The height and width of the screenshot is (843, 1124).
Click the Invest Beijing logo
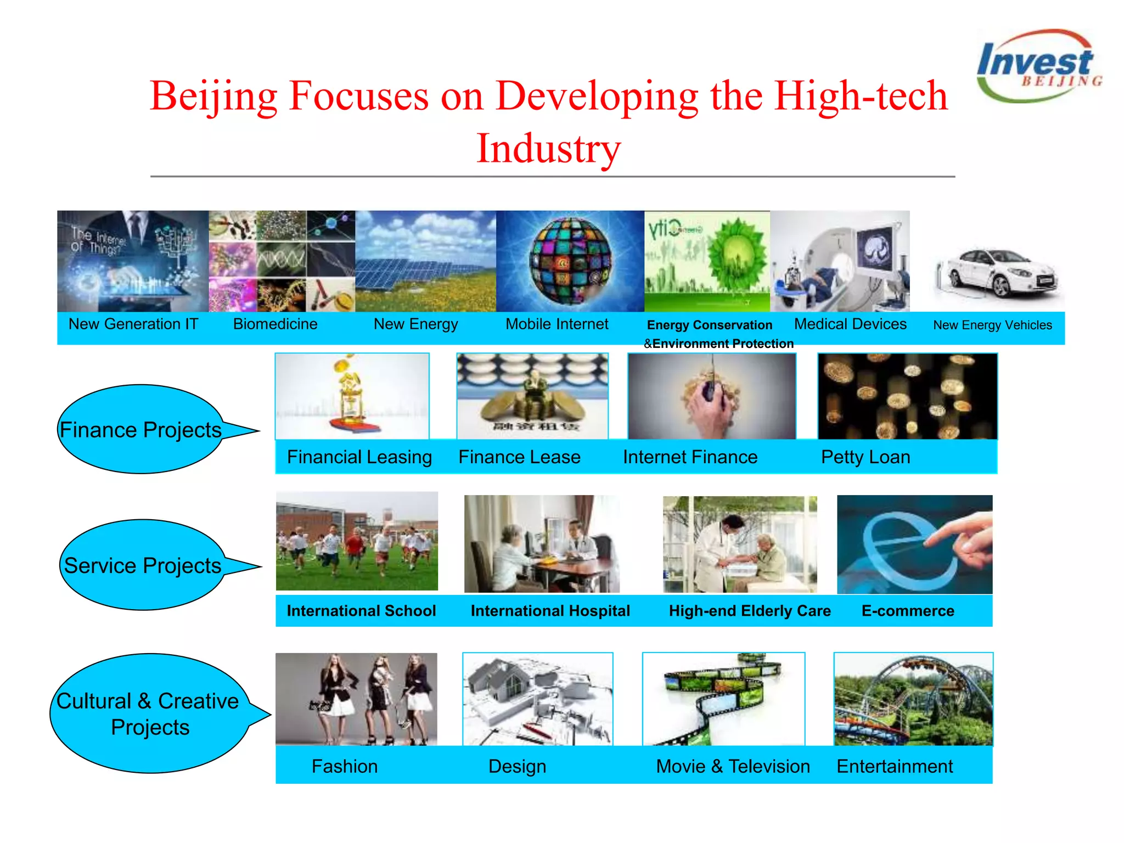coord(1038,66)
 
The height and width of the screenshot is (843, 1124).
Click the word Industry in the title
coord(548,148)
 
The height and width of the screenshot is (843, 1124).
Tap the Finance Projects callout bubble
coord(141,429)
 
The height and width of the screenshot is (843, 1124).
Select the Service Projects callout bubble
coord(142,565)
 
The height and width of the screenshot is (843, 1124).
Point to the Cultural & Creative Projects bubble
coord(148,713)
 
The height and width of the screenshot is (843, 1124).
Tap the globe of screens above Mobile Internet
coord(571,261)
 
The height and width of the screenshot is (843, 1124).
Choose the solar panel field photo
coord(425,261)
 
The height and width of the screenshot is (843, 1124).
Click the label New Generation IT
coord(133,324)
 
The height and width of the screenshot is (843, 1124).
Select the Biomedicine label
coord(276,324)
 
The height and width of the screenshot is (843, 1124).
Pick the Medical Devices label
coord(850,324)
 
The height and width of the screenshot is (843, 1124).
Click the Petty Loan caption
coord(866,457)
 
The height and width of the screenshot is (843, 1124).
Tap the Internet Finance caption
coord(690,457)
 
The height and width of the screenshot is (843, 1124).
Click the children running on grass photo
coord(357,541)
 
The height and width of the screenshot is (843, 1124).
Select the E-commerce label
coord(908,611)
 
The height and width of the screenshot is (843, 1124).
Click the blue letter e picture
coord(914,544)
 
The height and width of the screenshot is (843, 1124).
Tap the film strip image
coord(723,699)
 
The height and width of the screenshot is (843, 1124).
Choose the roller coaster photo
coord(913,699)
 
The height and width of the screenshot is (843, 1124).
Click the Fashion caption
coord(345,766)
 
